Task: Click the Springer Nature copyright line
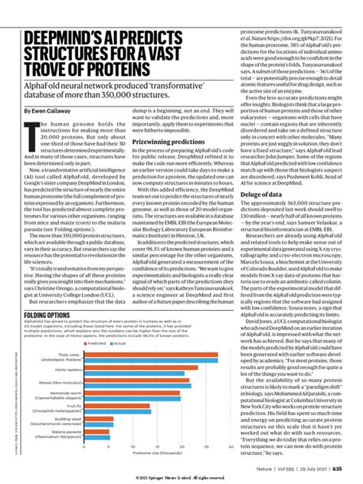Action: coord(181,477)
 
